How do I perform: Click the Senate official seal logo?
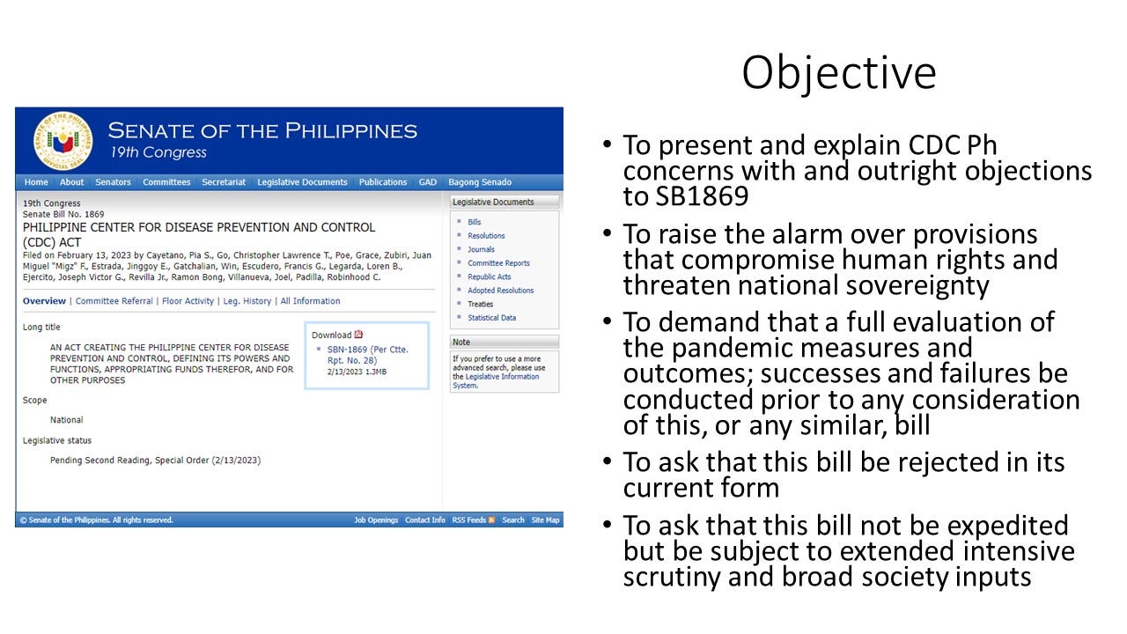pyautogui.click(x=63, y=141)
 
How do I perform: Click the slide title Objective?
pyautogui.click(x=839, y=74)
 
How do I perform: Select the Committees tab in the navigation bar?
pyautogui.click(x=166, y=182)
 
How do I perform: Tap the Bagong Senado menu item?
pyautogui.click(x=480, y=182)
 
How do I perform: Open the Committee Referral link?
pyautogui.click(x=114, y=301)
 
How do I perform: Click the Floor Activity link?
pyautogui.click(x=188, y=301)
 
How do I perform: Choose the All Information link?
pyautogui.click(x=310, y=301)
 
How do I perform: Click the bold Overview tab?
pyautogui.click(x=44, y=301)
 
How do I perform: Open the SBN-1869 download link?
pyautogui.click(x=368, y=355)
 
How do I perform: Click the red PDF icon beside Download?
pyautogui.click(x=358, y=334)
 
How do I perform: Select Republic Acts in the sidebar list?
pyautogui.click(x=489, y=276)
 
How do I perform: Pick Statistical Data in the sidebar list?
pyautogui.click(x=491, y=318)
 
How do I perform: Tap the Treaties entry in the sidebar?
pyautogui.click(x=481, y=304)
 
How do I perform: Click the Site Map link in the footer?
pyautogui.click(x=545, y=520)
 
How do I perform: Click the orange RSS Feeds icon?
pyautogui.click(x=491, y=520)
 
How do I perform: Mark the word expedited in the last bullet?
pyautogui.click(x=1008, y=526)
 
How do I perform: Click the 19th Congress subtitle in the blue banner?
pyautogui.click(x=158, y=152)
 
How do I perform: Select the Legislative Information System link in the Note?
pyautogui.click(x=496, y=381)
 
